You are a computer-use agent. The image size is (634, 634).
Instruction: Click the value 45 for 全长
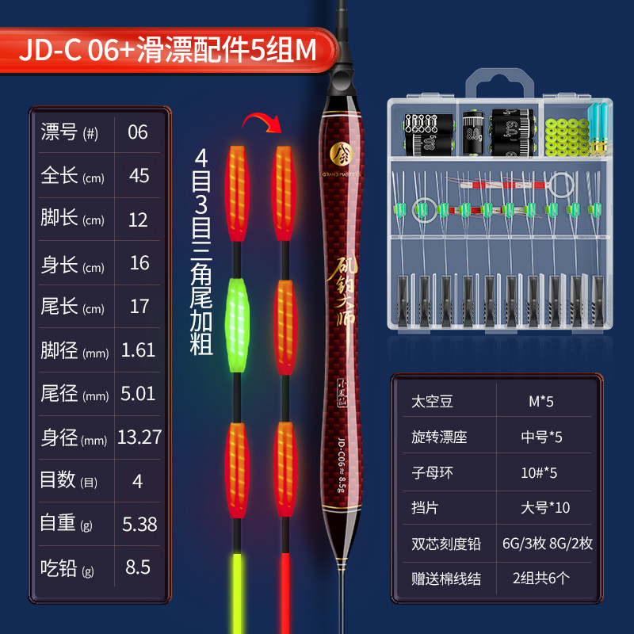click(139, 175)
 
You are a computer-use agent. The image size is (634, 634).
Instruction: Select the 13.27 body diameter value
click(139, 437)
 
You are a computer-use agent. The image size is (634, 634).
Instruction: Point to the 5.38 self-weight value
click(139, 524)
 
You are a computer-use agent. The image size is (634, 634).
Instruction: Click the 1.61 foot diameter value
click(139, 349)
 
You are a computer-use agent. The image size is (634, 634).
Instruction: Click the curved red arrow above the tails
click(262, 123)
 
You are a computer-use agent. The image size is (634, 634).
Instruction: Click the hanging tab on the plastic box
click(499, 84)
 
